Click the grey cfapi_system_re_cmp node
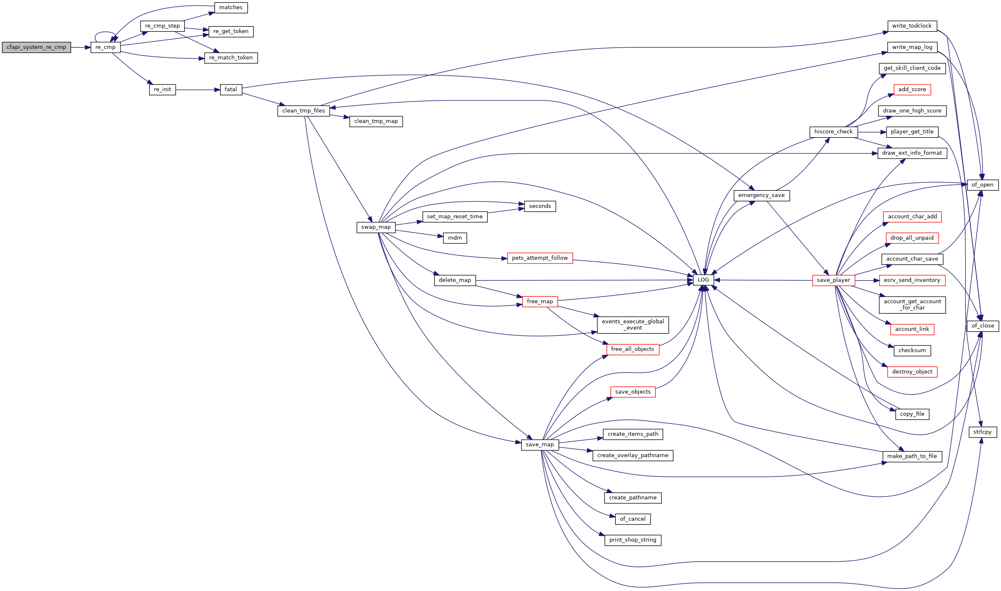pos(36,47)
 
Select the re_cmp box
pos(105,47)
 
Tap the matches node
pos(231,8)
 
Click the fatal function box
pos(231,90)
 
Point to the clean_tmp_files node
pos(304,111)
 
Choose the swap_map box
pos(376,227)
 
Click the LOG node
pos(703,280)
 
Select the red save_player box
pos(833,280)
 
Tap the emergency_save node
pos(761,195)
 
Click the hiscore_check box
pos(833,132)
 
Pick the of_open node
pos(982,185)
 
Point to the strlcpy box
pos(983,432)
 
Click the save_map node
pos(540,445)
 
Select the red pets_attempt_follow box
pos(540,258)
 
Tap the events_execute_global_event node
pos(633,325)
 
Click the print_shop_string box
pos(633,540)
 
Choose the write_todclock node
pos(912,26)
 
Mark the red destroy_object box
pos(912,372)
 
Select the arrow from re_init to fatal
pos(198,90)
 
